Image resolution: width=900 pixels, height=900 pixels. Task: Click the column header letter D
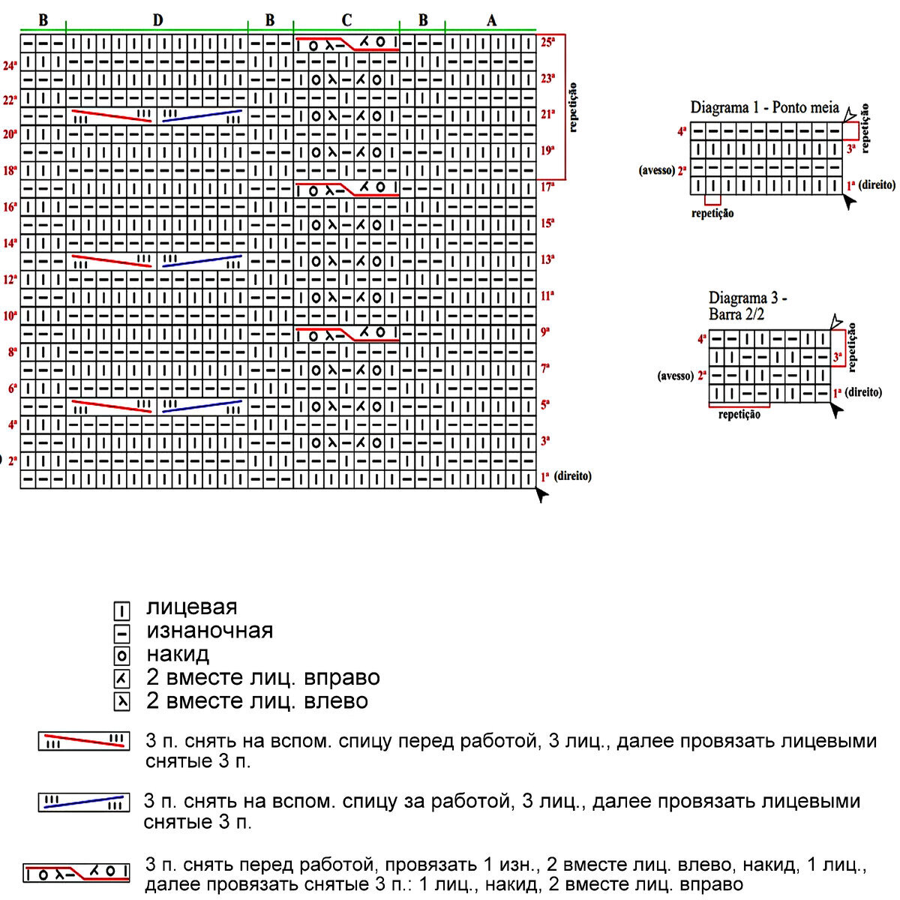click(x=157, y=20)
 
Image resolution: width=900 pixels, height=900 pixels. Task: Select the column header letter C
click(x=346, y=20)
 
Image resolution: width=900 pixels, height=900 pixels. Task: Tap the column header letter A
click(x=491, y=20)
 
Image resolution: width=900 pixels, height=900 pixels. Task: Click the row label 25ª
click(x=547, y=43)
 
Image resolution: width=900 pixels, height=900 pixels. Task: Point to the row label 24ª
click(x=10, y=66)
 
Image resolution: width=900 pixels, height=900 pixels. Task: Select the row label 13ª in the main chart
click(x=547, y=260)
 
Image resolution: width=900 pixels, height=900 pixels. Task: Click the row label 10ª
click(x=10, y=316)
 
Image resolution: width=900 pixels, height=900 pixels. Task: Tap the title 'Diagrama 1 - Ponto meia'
click(x=764, y=107)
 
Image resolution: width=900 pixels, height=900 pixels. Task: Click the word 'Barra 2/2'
click(x=736, y=314)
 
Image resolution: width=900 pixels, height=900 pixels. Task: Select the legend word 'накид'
click(x=178, y=654)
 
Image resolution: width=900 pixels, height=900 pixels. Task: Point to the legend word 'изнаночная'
click(x=209, y=631)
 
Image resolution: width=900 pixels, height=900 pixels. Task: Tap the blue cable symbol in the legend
click(x=83, y=802)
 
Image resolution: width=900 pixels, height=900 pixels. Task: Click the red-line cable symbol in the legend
click(x=83, y=742)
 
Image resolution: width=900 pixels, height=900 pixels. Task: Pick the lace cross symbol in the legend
click(x=76, y=873)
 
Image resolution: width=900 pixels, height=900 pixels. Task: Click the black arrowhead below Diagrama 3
click(x=837, y=409)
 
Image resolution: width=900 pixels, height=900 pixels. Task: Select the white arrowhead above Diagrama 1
click(x=850, y=115)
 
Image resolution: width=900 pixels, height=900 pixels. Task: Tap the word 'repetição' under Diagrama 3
click(x=739, y=415)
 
